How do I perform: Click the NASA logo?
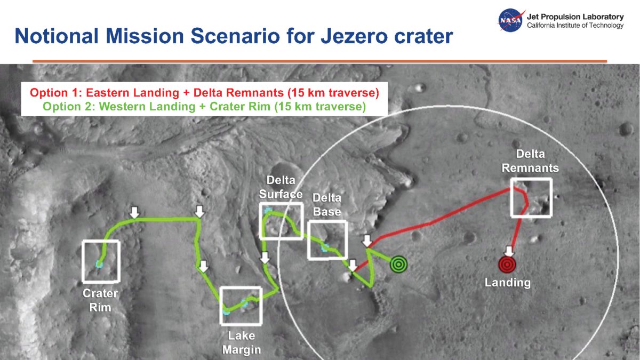click(510, 20)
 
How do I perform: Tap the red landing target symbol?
click(507, 265)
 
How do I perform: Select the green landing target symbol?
click(398, 264)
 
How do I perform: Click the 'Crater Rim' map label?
click(100, 300)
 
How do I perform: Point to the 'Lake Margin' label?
click(242, 342)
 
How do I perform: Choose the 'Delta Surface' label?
click(281, 187)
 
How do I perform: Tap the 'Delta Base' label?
click(327, 205)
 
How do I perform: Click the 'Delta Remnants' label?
click(530, 161)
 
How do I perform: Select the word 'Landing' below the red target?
click(507, 283)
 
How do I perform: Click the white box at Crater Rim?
click(101, 261)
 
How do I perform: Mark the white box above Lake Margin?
click(241, 306)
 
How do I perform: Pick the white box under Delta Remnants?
click(531, 197)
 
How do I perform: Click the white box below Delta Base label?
click(327, 240)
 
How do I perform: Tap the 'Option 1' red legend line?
click(204, 93)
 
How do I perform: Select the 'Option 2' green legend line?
click(204, 107)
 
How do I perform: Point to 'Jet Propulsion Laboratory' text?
click(574, 17)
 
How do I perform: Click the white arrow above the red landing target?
click(509, 251)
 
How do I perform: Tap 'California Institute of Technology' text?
click(574, 26)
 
